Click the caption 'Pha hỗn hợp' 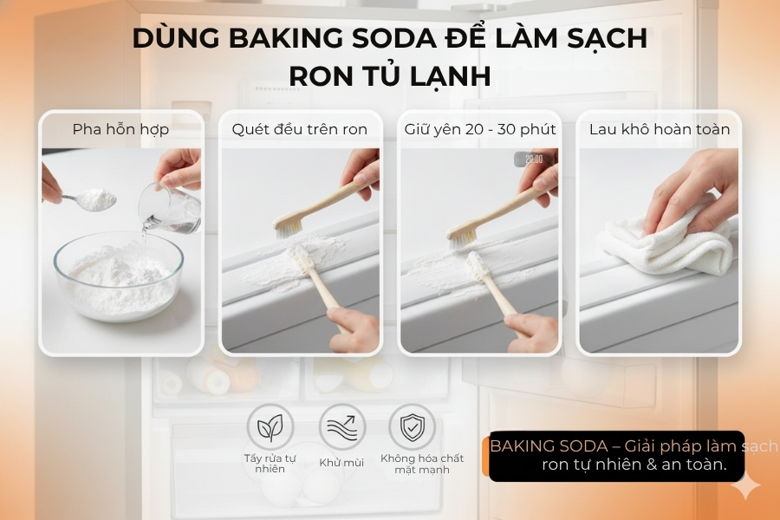point(120,129)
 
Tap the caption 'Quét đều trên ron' point(299,129)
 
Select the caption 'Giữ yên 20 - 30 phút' point(479,129)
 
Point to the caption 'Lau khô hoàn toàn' point(660,129)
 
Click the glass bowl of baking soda point(119,276)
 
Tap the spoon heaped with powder point(96,200)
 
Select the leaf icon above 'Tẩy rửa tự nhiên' point(270,426)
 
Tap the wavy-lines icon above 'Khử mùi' point(341,426)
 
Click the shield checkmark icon point(412,426)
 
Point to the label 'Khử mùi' point(341,463)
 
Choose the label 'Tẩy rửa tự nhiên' point(270,463)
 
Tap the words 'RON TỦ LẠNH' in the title point(389,76)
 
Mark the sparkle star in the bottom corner point(744,487)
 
